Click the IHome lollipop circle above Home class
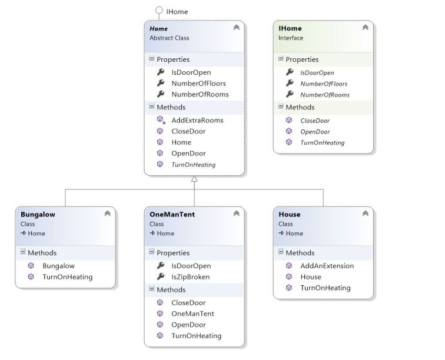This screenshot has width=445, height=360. pyautogui.click(x=158, y=11)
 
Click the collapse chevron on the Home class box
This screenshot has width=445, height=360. pyautogui.click(x=236, y=28)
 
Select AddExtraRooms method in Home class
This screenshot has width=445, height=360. pyautogui.click(x=197, y=120)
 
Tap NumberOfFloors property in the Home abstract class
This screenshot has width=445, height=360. pyautogui.click(x=198, y=84)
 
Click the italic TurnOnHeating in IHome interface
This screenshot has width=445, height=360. pyautogui.click(x=322, y=142)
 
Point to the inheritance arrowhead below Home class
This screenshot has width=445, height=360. pyautogui.click(x=194, y=179)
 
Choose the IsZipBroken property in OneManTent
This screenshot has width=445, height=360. pyautogui.click(x=190, y=277)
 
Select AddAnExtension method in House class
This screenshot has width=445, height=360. pyautogui.click(x=327, y=266)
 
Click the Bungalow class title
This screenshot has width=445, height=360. pyautogui.click(x=38, y=215)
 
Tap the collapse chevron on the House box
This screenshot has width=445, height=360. pyautogui.click(x=365, y=214)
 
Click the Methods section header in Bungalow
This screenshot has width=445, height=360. pyautogui.click(x=42, y=253)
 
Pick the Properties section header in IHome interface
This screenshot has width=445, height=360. pyautogui.click(x=301, y=59)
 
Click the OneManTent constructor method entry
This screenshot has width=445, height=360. pyautogui.click(x=192, y=314)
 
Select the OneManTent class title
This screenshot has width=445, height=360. pyautogui.click(x=172, y=215)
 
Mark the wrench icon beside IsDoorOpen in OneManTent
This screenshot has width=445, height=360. pyautogui.click(x=160, y=266)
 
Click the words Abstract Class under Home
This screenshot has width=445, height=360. pyautogui.click(x=169, y=38)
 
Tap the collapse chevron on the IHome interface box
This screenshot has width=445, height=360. pyautogui.click(x=365, y=28)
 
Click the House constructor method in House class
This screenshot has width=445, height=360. pyautogui.click(x=310, y=277)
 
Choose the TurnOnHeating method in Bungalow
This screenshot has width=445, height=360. pyautogui.click(x=67, y=277)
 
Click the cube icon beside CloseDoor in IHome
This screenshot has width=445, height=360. pyautogui.click(x=289, y=120)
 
